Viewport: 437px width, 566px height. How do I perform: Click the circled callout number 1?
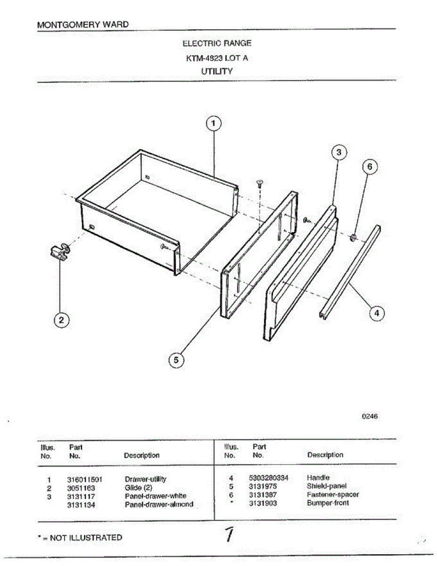coord(214,123)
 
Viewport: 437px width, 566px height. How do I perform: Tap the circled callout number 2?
coord(61,320)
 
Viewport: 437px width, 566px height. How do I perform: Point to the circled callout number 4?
coord(376,313)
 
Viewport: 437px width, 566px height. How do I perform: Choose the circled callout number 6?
coord(370,166)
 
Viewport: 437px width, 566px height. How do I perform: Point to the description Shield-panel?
coord(327,486)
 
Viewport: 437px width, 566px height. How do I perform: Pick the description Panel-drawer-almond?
coord(159,504)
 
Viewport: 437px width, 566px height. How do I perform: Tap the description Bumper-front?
coord(328,503)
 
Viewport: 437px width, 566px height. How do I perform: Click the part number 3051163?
coord(81,488)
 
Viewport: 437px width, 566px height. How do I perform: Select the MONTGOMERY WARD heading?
coord(82,24)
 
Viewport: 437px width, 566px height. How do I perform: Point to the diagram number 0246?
coord(370,416)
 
